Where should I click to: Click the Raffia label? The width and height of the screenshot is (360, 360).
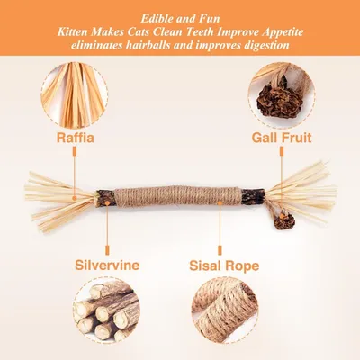pos(76,138)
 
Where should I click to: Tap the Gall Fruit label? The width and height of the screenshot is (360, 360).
pos(282,138)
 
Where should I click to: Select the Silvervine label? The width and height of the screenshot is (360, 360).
pos(107,265)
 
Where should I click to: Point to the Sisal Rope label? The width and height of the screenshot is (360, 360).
pos(224,265)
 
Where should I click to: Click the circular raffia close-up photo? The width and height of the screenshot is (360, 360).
pos(75,94)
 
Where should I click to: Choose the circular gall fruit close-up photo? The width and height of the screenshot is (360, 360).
pos(282,95)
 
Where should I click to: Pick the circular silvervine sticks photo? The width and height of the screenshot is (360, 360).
pos(106,310)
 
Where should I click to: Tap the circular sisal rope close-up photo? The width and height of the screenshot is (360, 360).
pos(225,310)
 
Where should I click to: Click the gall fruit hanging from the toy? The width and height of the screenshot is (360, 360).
pos(283,220)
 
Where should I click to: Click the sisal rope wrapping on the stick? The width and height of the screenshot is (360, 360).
pos(178,197)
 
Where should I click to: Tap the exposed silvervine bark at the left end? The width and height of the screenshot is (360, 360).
pos(105,198)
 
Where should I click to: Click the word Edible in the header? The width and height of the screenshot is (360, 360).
pos(157,19)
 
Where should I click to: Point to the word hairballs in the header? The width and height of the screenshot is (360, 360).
pos(142,45)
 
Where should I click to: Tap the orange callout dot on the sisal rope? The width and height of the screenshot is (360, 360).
pos(220,203)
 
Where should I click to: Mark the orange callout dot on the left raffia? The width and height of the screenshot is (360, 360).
pos(74,198)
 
